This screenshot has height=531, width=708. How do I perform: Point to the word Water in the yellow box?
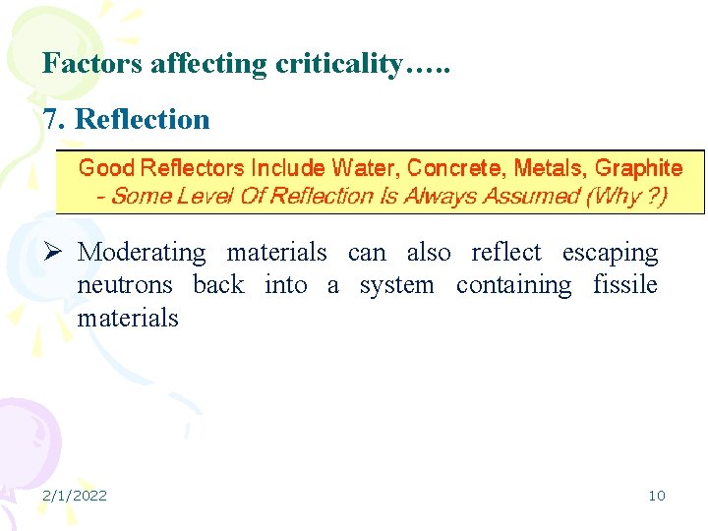(365, 168)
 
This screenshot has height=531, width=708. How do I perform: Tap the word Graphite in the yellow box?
(638, 168)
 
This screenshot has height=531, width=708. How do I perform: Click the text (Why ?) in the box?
(625, 196)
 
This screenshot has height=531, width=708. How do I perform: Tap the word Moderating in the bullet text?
(142, 253)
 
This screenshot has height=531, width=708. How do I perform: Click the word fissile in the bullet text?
(625, 285)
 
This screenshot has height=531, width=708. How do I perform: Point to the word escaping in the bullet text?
(610, 253)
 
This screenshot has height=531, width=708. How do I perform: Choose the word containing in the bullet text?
(513, 285)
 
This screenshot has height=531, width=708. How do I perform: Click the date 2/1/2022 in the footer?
(75, 496)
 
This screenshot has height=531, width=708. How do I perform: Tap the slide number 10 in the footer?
(656, 496)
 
